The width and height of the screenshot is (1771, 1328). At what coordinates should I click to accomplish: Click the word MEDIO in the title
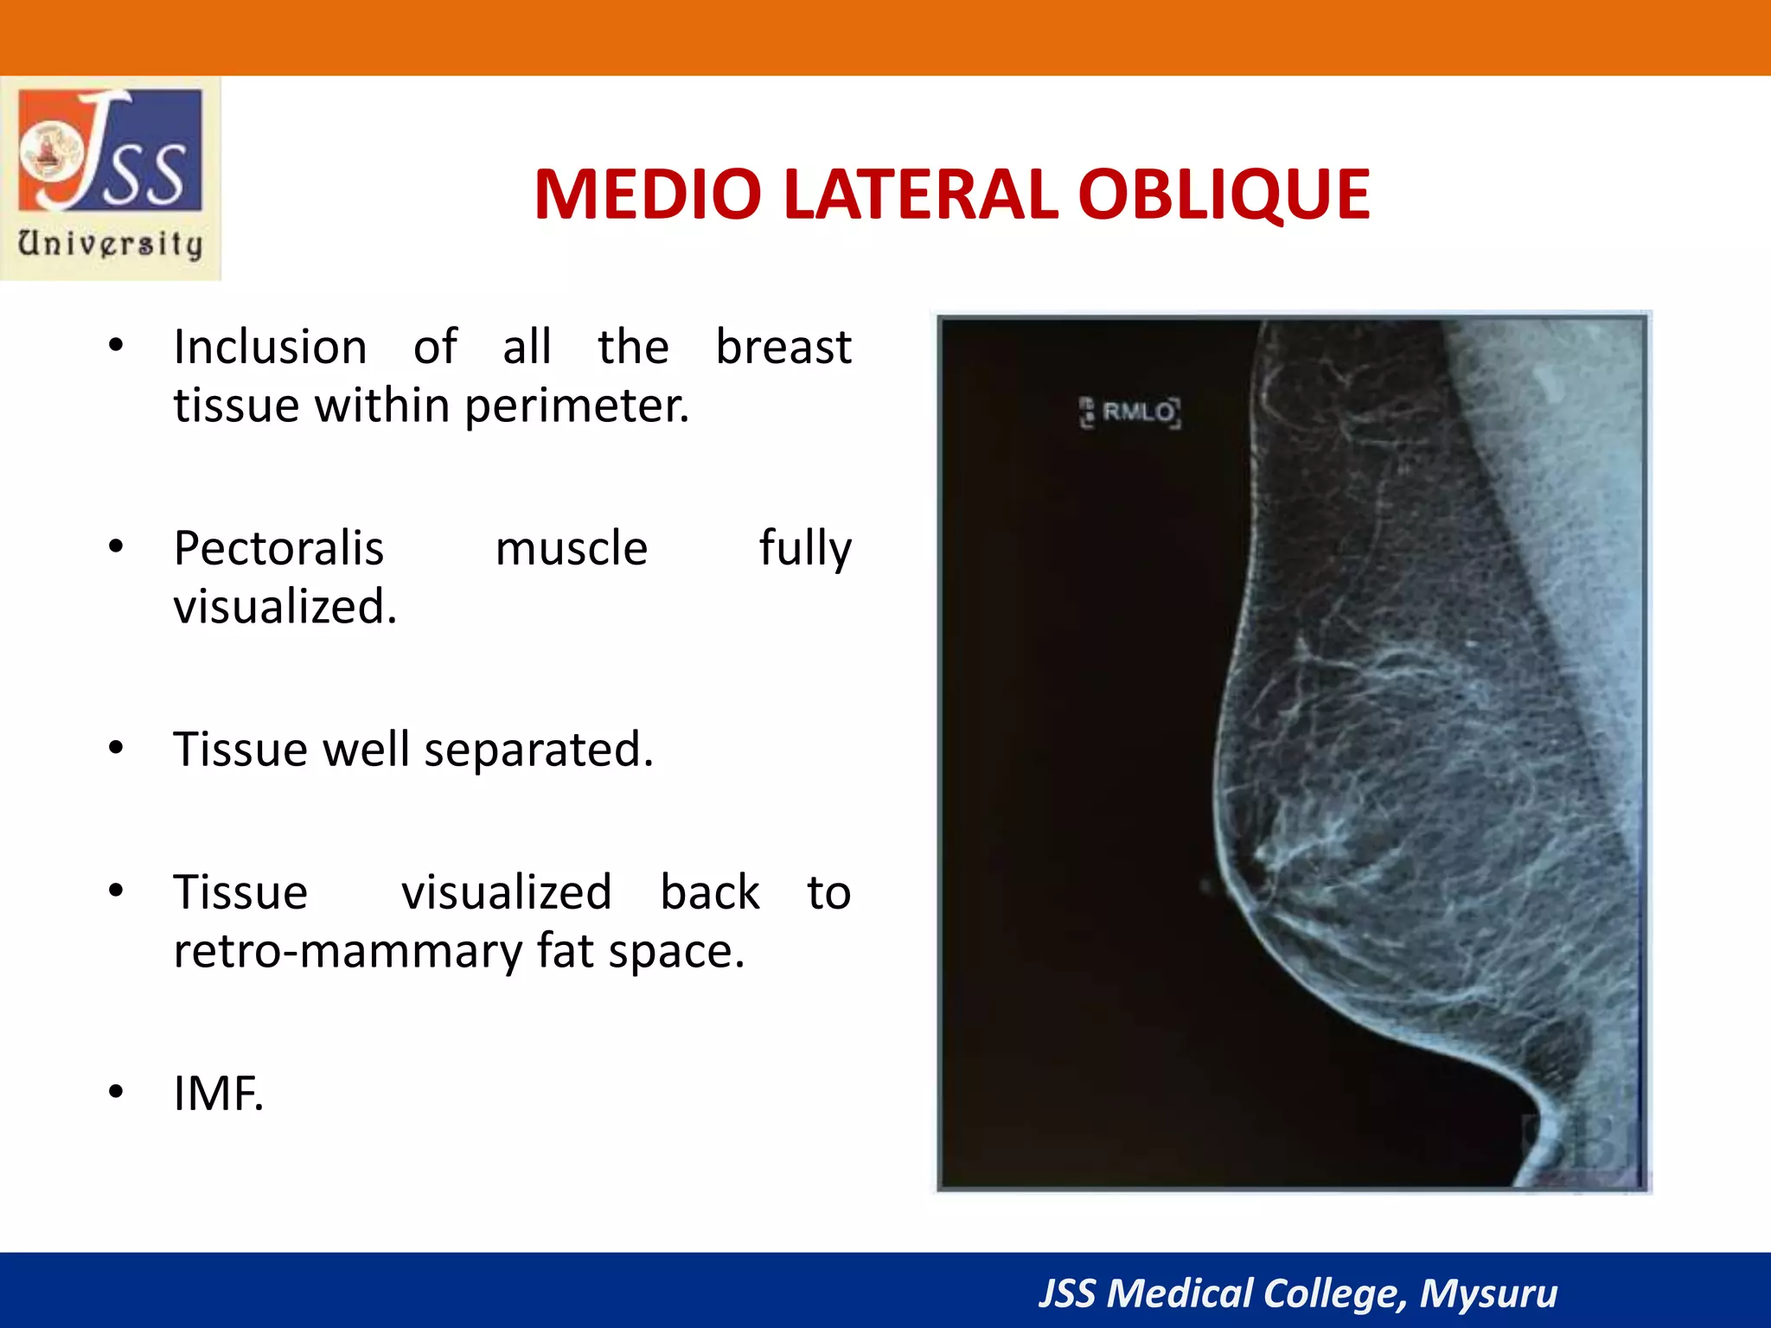[x=648, y=195]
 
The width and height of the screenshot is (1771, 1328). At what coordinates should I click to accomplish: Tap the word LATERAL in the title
[x=919, y=195]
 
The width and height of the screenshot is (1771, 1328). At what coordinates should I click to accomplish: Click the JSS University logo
[x=111, y=151]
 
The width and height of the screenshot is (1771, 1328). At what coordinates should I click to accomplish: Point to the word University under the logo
[x=111, y=244]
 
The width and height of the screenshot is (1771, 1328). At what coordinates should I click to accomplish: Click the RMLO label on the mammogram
[x=1137, y=412]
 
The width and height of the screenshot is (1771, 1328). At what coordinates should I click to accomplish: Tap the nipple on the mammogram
[x=1207, y=886]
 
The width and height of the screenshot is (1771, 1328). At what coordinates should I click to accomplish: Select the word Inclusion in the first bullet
[x=270, y=348]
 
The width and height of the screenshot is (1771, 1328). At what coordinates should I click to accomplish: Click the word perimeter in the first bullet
[x=576, y=406]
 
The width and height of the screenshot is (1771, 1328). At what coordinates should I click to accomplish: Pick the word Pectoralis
[x=278, y=549]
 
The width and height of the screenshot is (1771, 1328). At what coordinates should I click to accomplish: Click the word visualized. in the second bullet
[x=285, y=607]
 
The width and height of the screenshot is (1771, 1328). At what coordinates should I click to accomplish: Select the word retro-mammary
[x=347, y=951]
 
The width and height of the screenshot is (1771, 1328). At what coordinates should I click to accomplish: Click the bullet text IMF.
[x=218, y=1094]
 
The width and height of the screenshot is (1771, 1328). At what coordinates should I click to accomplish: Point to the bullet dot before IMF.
[x=116, y=1093]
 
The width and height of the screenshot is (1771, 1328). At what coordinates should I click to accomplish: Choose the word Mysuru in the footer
[x=1487, y=1293]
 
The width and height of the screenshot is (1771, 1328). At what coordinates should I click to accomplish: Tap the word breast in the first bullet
[x=783, y=348]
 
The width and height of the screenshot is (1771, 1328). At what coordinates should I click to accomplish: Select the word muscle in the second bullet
[x=571, y=549]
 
